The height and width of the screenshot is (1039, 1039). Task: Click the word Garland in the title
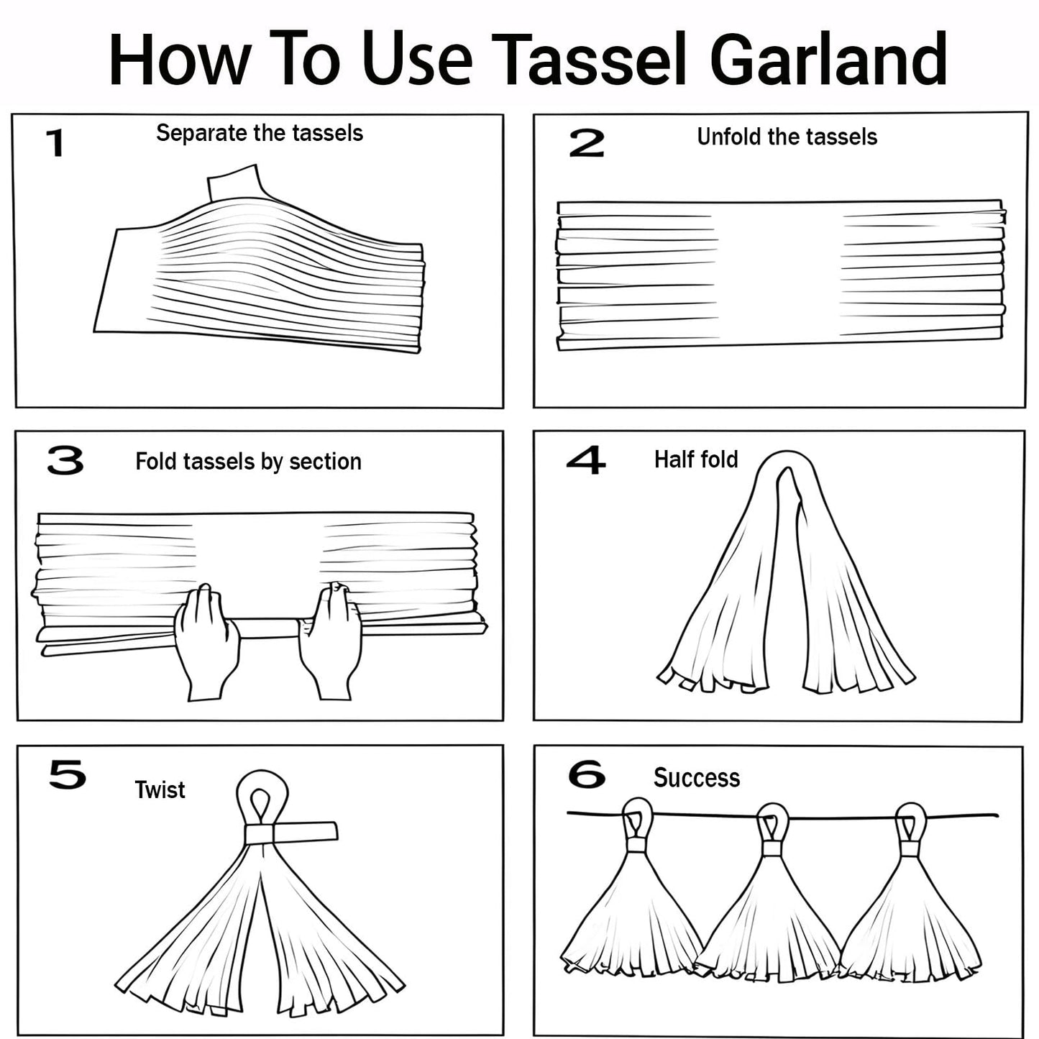[828, 58]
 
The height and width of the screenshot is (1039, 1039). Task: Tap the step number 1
[55, 143]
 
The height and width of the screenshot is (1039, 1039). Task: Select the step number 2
[587, 143]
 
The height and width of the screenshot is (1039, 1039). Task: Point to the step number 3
[65, 461]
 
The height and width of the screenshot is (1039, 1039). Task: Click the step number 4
[585, 460]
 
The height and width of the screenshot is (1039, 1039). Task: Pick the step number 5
[68, 775]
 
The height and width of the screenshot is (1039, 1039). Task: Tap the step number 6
[587, 774]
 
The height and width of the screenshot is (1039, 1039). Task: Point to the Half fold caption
[696, 459]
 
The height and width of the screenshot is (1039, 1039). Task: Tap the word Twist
[160, 790]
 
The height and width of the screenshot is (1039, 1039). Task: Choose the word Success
[697, 777]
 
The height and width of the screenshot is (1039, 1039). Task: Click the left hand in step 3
[206, 641]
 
